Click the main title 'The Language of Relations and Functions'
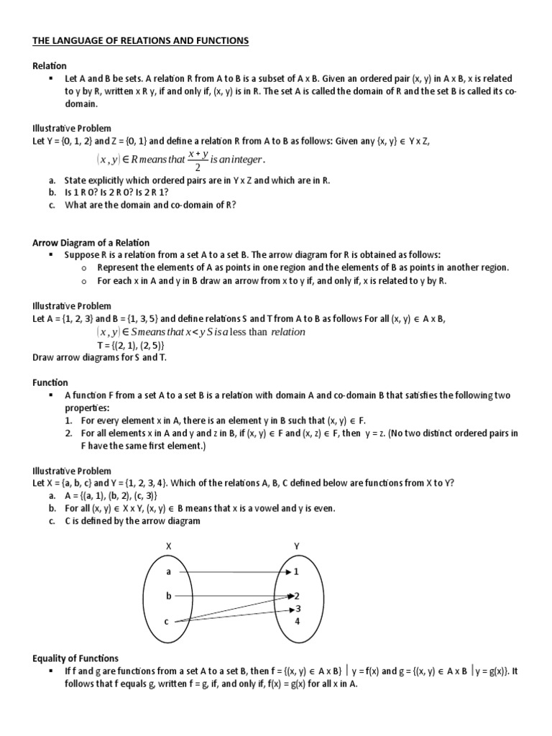click(140, 42)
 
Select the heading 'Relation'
click(50, 65)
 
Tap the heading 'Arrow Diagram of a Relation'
click(91, 242)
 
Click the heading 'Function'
click(50, 383)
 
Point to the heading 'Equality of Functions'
click(75, 658)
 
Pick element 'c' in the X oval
click(166, 621)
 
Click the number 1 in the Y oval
click(296, 571)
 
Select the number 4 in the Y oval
click(297, 621)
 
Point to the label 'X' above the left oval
click(170, 546)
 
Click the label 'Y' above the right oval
click(296, 546)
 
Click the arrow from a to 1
click(230, 571)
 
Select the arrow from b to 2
click(230, 596)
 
